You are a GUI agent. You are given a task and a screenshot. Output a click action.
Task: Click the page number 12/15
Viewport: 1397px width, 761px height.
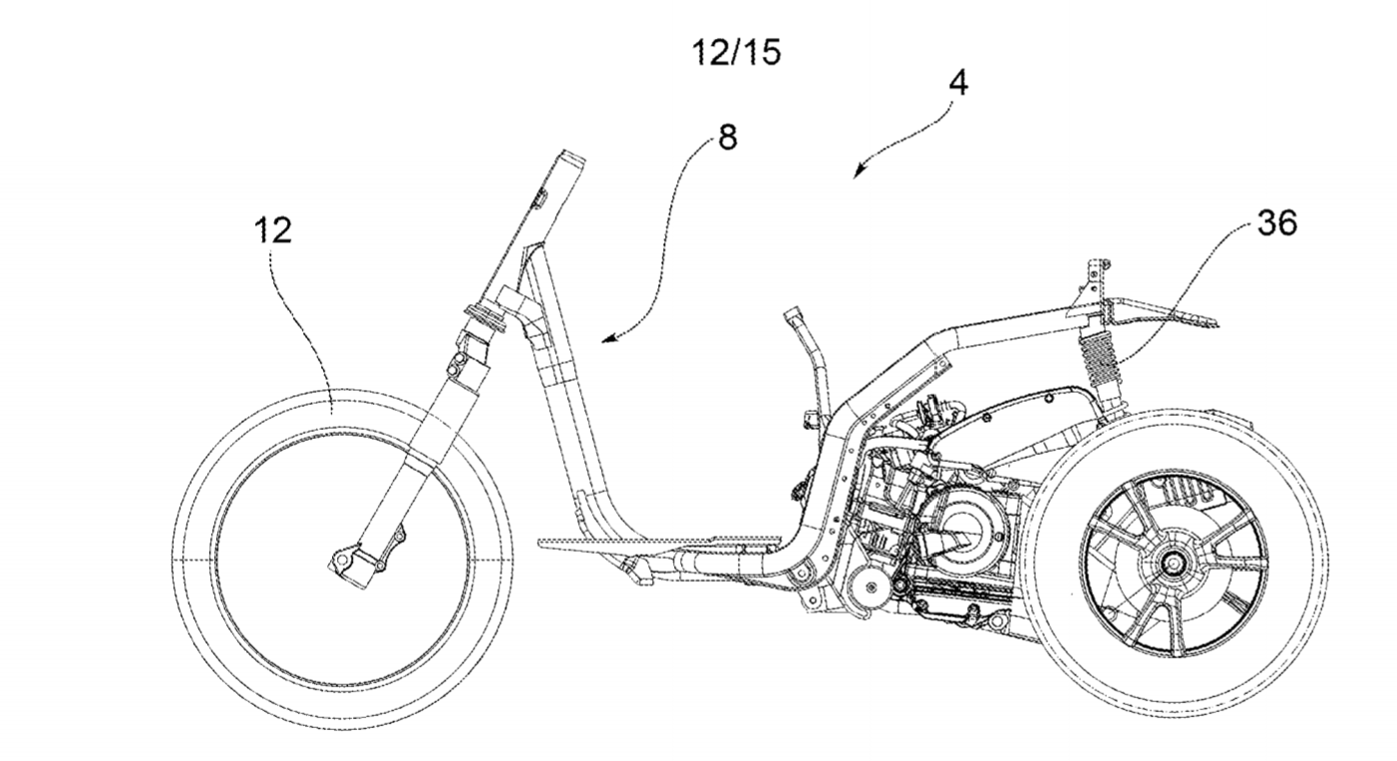coord(737,52)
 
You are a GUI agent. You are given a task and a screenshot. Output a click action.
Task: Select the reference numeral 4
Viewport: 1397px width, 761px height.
coord(957,84)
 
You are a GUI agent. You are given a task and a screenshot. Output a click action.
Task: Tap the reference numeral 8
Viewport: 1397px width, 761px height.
coord(728,138)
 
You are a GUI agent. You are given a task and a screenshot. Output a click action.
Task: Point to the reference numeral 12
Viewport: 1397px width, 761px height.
coord(271,230)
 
